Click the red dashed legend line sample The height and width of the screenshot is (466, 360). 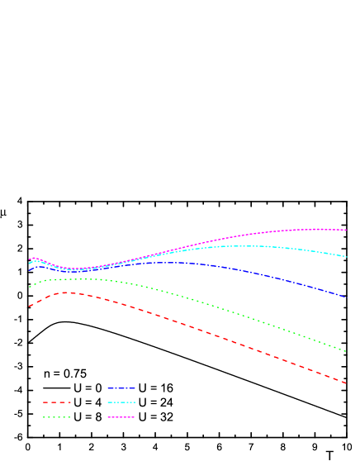point(57,402)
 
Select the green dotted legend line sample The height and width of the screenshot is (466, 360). point(57,417)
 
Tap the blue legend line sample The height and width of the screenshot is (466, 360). point(121,388)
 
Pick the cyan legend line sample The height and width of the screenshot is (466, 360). point(121,402)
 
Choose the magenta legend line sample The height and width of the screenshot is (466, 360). point(121,417)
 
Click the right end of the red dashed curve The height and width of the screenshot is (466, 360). point(346,383)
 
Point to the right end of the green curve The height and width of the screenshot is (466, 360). point(346,352)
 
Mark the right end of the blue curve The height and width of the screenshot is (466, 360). point(346,297)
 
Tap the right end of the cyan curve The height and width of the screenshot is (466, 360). point(347,257)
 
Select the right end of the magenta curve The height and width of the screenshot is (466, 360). point(347,230)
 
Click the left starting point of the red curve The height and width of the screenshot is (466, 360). point(29,307)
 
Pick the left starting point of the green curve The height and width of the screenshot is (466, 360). point(29,287)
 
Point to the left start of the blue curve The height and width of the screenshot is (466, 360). point(29,269)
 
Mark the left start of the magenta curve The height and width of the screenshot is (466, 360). point(29,260)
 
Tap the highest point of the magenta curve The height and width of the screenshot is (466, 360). point(318,229)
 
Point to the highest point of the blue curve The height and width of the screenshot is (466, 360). point(173,263)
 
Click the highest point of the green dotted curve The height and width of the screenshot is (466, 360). point(78,279)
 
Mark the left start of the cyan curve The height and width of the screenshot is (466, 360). point(29,264)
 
